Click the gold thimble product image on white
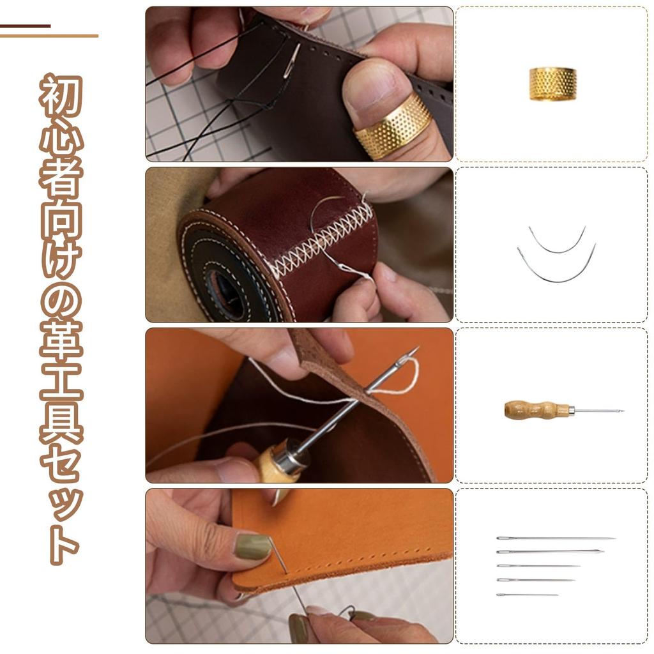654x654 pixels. pos(552,84)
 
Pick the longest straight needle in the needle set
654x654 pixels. pos(556,538)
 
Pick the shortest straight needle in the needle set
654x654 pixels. pos(527,595)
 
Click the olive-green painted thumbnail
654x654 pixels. pos(252,547)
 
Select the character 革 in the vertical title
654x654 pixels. pos(61,342)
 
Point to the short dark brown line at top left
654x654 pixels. pos(25,26)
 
